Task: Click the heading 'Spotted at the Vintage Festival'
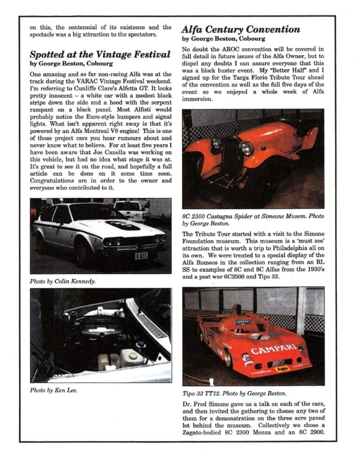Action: [x=100, y=54]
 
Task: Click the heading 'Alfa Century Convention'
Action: [x=240, y=30]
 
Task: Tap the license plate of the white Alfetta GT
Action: [x=142, y=255]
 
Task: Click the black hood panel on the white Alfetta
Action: [x=122, y=225]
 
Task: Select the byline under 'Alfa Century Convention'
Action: [x=224, y=39]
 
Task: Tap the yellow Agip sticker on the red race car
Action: [x=282, y=369]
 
